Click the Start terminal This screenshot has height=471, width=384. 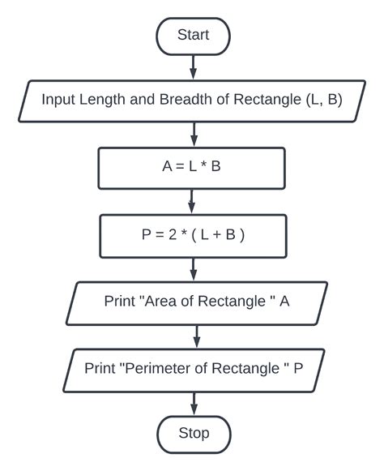pyautogui.click(x=193, y=35)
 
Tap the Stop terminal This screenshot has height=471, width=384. pyautogui.click(x=194, y=433)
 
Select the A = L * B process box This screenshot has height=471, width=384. pyautogui.click(x=191, y=169)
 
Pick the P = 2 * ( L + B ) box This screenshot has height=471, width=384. pyautogui.click(x=191, y=235)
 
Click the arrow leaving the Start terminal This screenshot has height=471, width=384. pyautogui.click(x=193, y=66)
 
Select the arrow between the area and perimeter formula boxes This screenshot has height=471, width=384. pyautogui.click(x=191, y=201)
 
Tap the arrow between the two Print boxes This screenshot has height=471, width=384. pyautogui.click(x=194, y=334)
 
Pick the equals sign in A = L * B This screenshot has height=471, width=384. pyautogui.click(x=176, y=169)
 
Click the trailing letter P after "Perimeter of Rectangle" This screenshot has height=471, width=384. pyautogui.click(x=298, y=367)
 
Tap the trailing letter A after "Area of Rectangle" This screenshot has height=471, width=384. pyautogui.click(x=284, y=302)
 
